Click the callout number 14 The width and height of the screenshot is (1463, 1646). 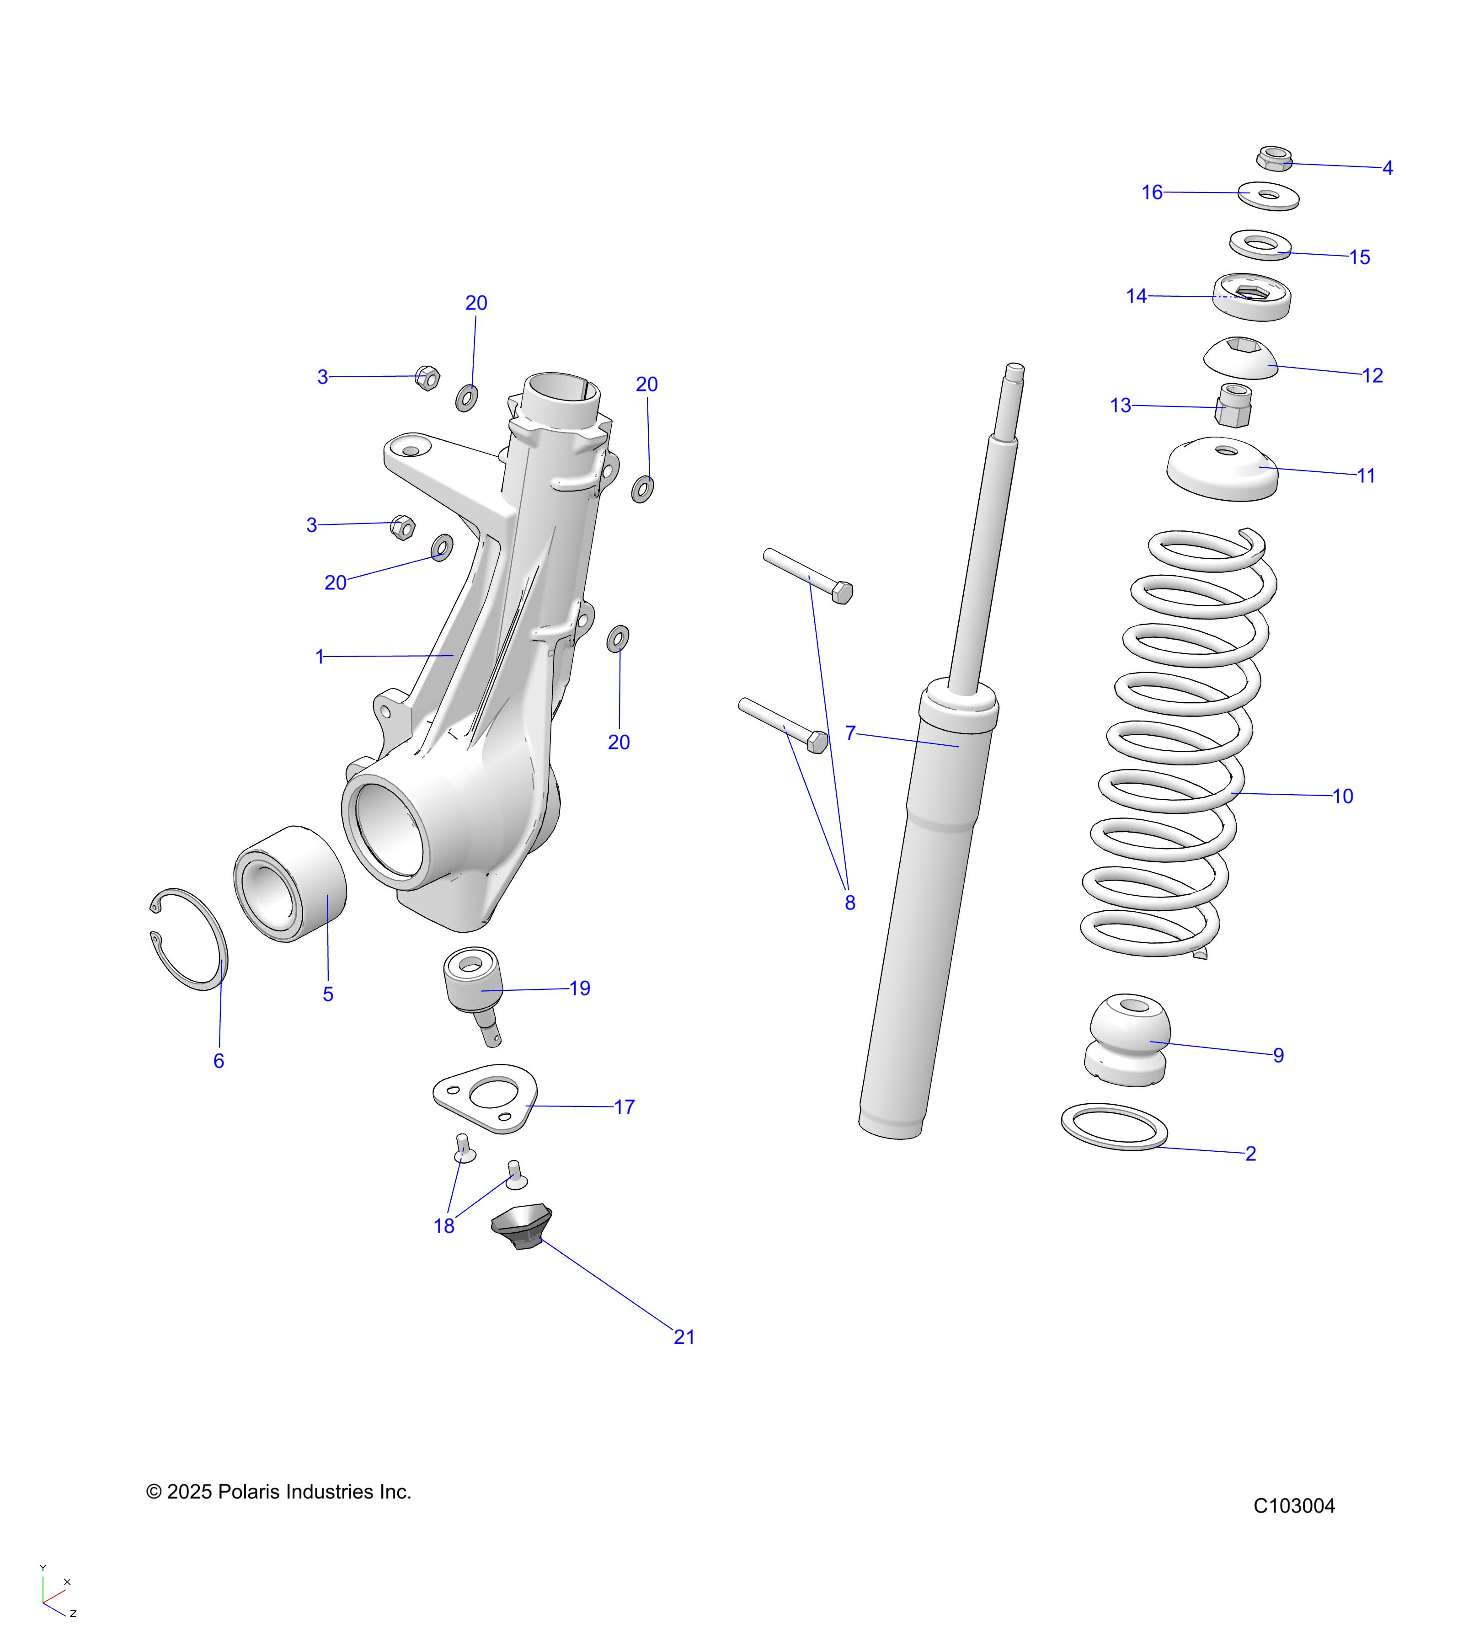(1136, 296)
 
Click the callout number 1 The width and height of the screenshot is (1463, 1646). (320, 657)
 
